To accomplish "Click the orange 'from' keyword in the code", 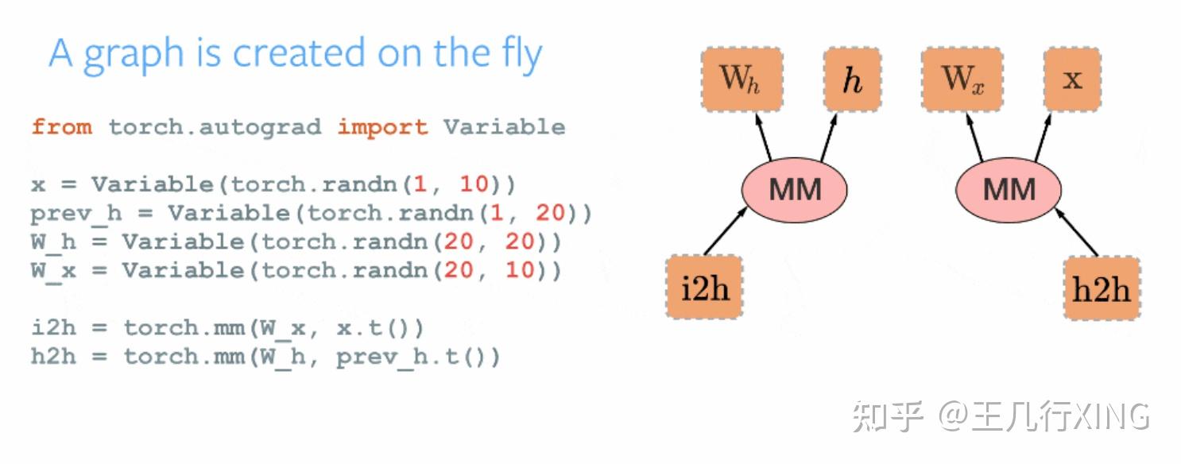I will [x=61, y=127].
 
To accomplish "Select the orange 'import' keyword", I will [x=382, y=127].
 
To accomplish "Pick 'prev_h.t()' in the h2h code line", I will [x=418, y=357].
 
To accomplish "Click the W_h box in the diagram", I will [x=741, y=79].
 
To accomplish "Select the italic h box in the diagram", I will [x=852, y=79].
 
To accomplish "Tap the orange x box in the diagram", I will [x=1072, y=79].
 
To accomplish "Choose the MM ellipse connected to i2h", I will [x=794, y=189].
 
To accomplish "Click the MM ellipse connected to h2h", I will [x=1009, y=189].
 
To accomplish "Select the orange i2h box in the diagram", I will [x=704, y=287].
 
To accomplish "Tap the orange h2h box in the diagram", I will [x=1102, y=288].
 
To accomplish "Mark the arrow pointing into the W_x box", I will [x=975, y=137].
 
